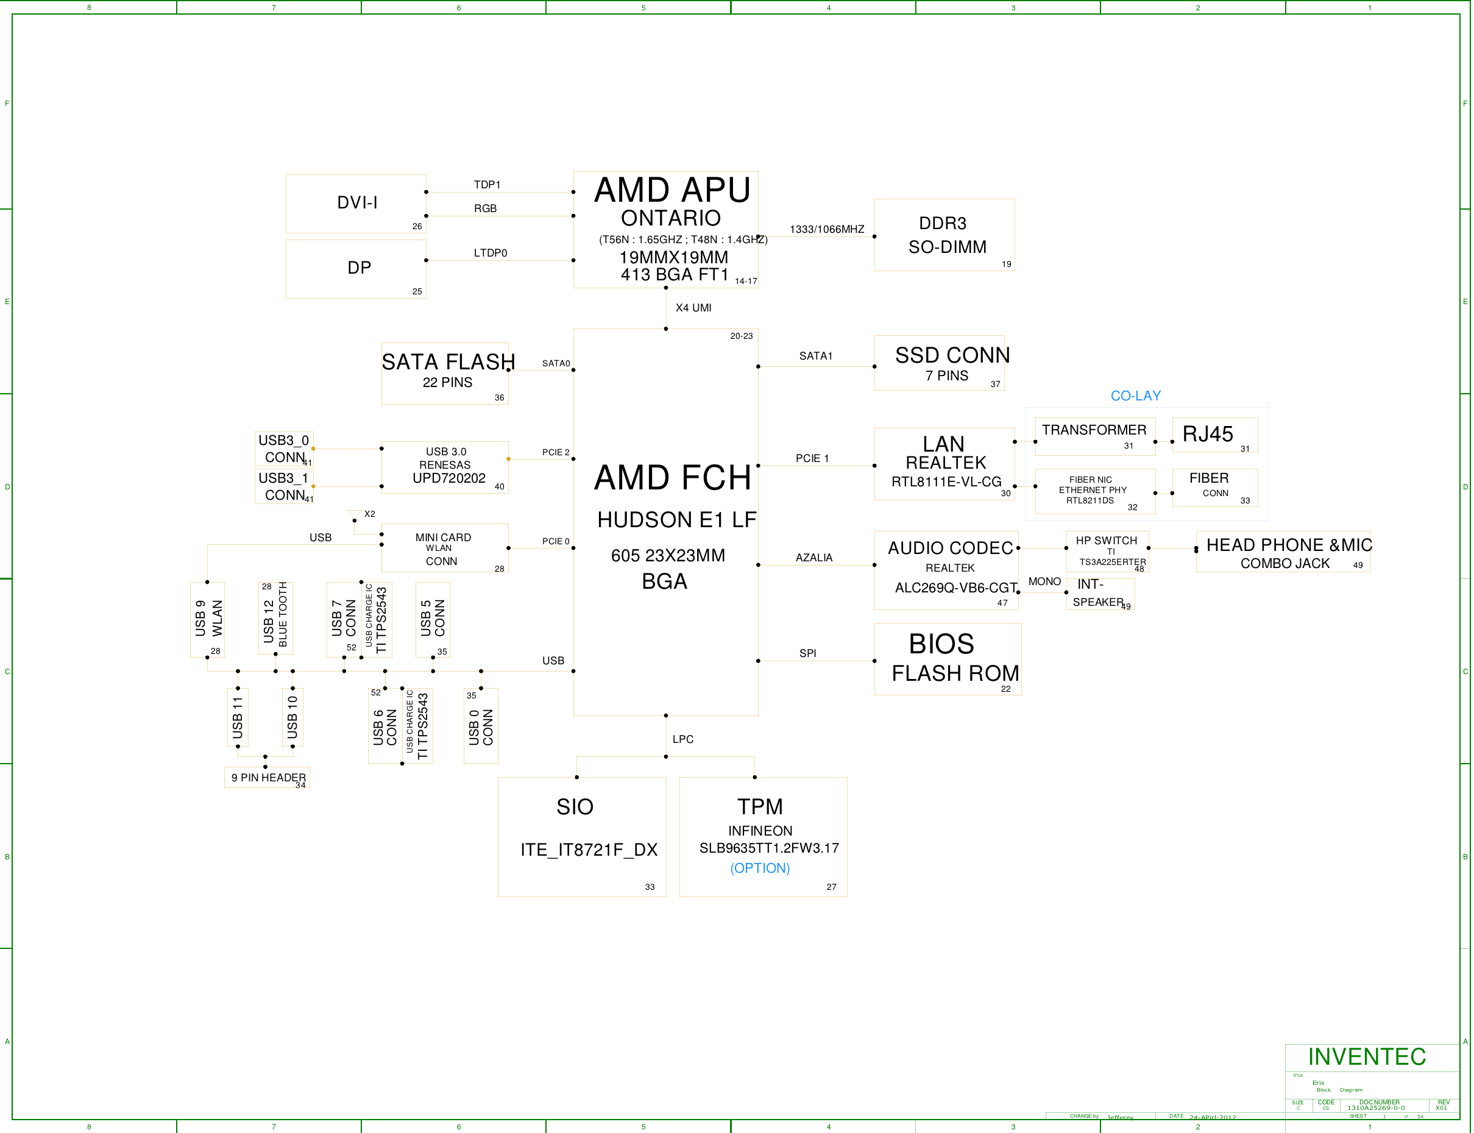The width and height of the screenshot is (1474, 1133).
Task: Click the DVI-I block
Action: pos(355,204)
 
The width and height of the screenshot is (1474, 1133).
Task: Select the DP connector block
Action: pos(355,268)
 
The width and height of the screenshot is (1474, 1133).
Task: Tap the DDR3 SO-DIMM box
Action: pos(944,235)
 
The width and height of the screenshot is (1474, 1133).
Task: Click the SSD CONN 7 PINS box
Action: pos(938,363)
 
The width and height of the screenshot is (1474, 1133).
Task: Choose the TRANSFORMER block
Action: pos(1094,436)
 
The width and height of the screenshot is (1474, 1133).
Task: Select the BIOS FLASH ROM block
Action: pos(948,658)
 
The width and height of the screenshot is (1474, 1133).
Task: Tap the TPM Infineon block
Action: pos(763,836)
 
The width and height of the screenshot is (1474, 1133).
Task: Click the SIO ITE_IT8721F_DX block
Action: pos(581,836)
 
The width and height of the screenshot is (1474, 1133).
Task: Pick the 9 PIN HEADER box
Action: pos(267,778)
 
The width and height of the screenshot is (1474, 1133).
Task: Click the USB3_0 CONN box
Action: pos(284,449)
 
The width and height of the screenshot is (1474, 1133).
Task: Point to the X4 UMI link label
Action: pos(693,308)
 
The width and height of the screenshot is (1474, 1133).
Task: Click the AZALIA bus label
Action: pos(814,558)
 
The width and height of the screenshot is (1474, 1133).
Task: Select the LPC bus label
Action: pos(682,739)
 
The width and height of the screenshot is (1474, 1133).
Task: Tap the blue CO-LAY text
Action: pos(1135,396)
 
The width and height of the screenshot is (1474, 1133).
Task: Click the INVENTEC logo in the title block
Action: pos(1366,1057)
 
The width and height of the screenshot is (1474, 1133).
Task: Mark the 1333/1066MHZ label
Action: pos(827,229)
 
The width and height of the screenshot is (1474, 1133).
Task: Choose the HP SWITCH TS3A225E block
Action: pos(1107,552)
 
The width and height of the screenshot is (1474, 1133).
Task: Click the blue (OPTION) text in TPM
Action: pos(760,868)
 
